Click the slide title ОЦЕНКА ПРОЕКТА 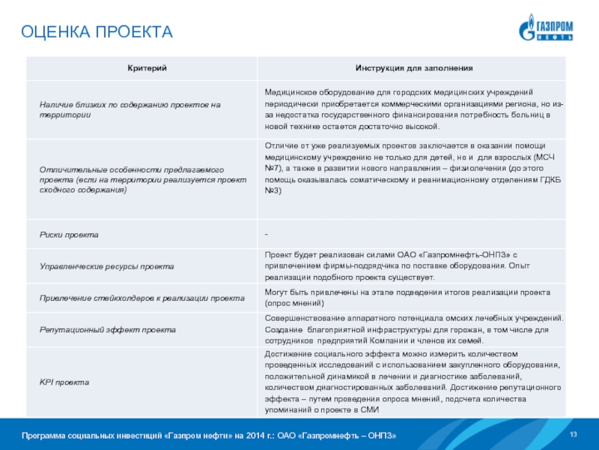(x=97, y=31)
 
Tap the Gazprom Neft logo (x=546, y=28)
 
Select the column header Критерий (x=141, y=68)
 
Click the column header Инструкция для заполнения (x=413, y=68)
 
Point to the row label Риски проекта (x=69, y=235)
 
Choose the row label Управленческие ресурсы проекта (x=106, y=266)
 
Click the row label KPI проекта (x=64, y=382)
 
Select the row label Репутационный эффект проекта (x=108, y=329)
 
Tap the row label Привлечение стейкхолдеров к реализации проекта (x=142, y=298)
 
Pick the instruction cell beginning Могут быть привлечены (x=408, y=298)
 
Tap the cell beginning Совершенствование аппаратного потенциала (x=414, y=329)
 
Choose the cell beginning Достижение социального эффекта (x=414, y=382)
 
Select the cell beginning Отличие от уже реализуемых (x=414, y=168)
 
